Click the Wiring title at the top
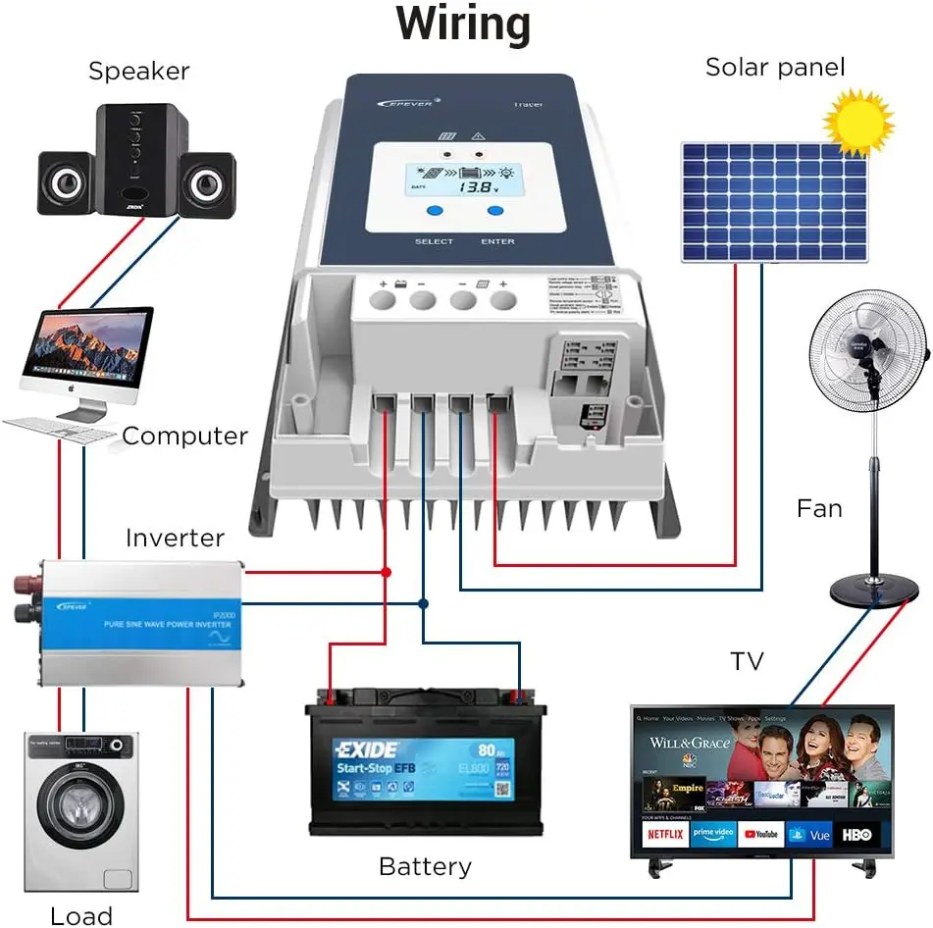tap(463, 25)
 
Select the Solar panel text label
tap(775, 68)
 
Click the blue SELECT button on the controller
tap(434, 211)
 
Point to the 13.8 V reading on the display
tap(480, 185)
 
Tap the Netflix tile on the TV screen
tap(664, 834)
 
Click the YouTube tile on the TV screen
tap(761, 834)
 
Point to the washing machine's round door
tap(81, 814)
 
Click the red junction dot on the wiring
tap(386, 571)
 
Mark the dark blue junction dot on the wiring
tap(423, 603)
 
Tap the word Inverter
tap(175, 539)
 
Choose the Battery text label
tap(425, 867)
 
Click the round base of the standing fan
tap(868, 592)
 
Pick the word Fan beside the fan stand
tap(819, 509)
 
